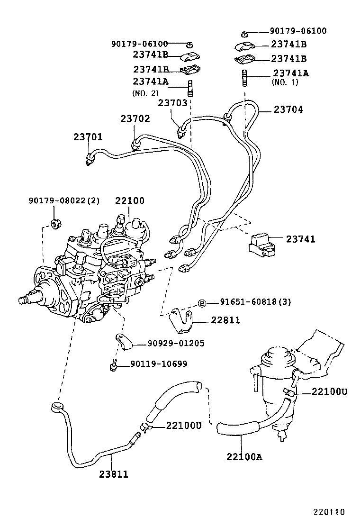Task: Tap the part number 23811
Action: [x=113, y=473]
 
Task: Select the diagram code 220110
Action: [x=328, y=512]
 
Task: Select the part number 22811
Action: [x=225, y=321]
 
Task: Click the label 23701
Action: [x=88, y=137]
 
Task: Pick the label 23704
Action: [x=288, y=109]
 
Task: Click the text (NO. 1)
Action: [x=285, y=82]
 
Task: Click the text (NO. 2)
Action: [x=145, y=93]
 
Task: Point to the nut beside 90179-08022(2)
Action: [x=57, y=222]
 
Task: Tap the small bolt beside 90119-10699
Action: [x=113, y=365]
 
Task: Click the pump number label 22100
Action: [x=129, y=200]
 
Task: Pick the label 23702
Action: [x=135, y=118]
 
